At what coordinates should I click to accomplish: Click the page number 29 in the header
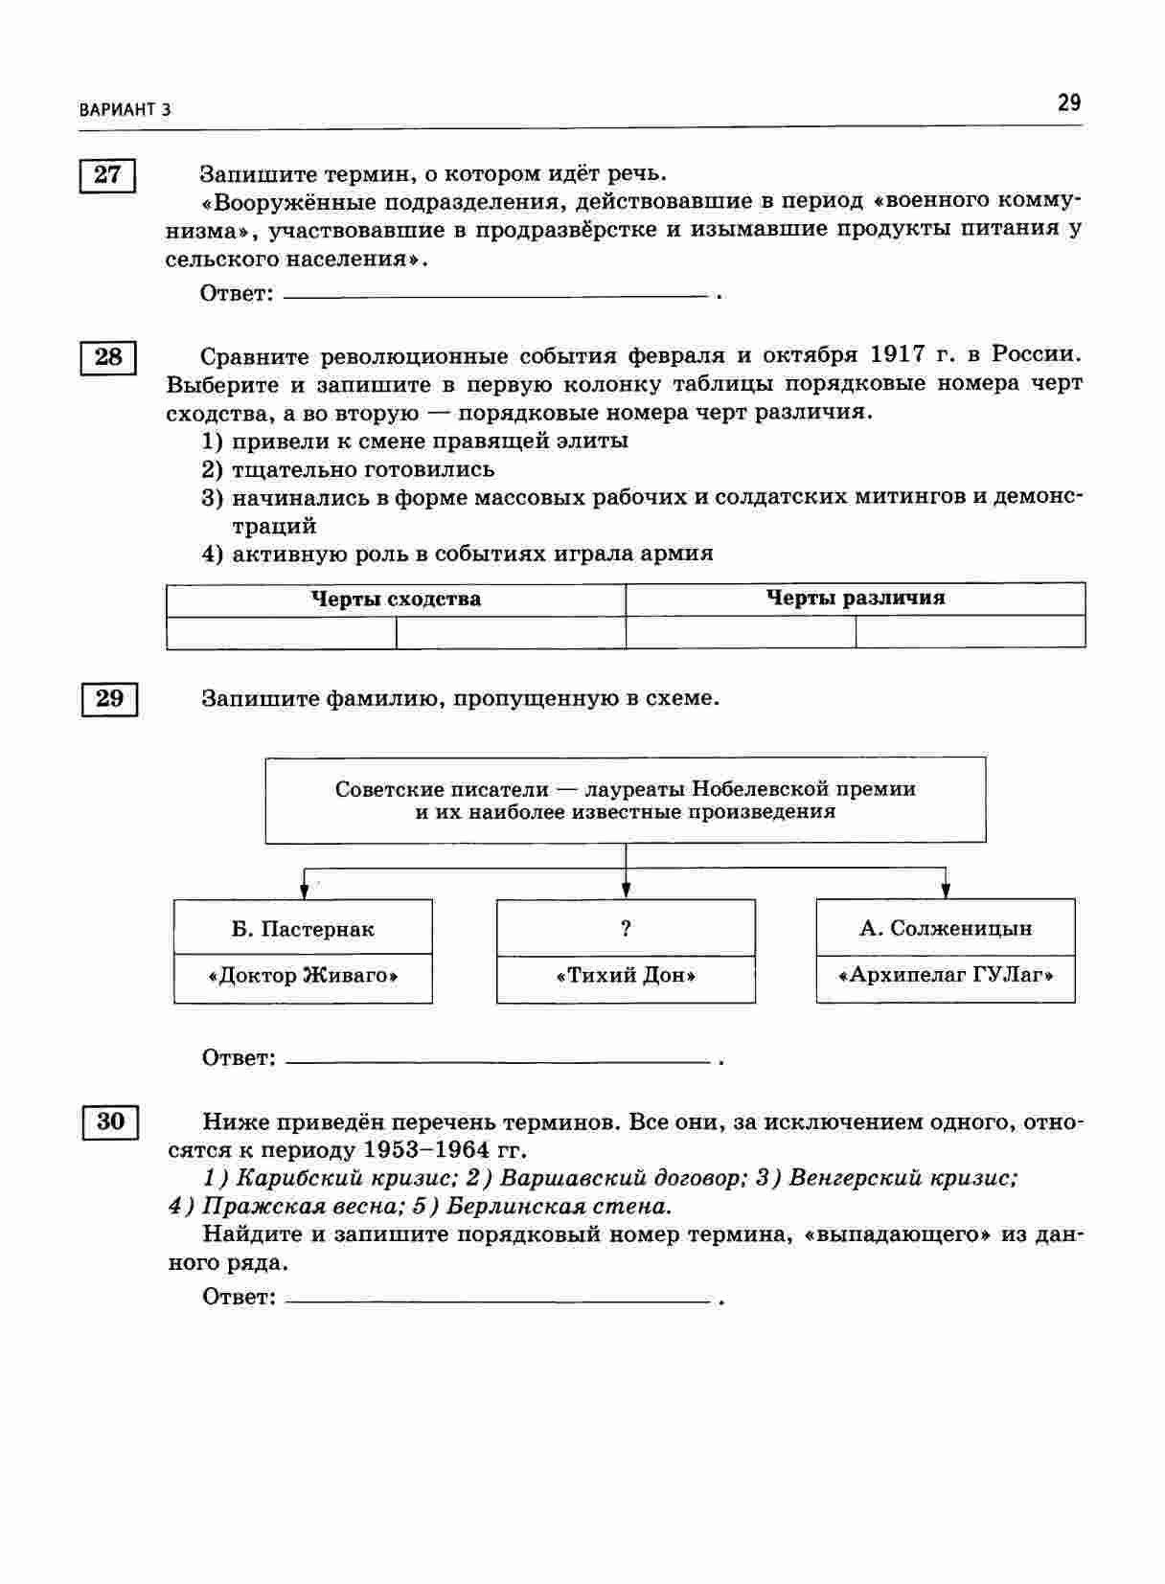point(1069,102)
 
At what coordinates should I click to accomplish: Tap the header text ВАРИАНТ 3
point(126,109)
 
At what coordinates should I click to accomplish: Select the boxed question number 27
point(107,174)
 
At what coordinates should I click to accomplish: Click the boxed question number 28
point(107,357)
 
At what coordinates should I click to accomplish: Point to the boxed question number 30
point(110,1121)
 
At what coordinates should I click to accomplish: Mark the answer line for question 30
point(497,1300)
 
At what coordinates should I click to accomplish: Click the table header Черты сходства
point(396,600)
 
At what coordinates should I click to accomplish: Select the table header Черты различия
point(855,599)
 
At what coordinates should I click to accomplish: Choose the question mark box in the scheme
point(626,927)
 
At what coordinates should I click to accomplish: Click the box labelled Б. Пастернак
point(303,929)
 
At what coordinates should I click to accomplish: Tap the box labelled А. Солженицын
point(946,928)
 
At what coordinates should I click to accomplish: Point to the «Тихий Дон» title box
point(626,977)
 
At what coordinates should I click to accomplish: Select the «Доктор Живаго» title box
point(303,977)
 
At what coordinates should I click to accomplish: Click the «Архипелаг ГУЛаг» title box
point(946,977)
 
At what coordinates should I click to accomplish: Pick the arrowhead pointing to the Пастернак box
point(305,892)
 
